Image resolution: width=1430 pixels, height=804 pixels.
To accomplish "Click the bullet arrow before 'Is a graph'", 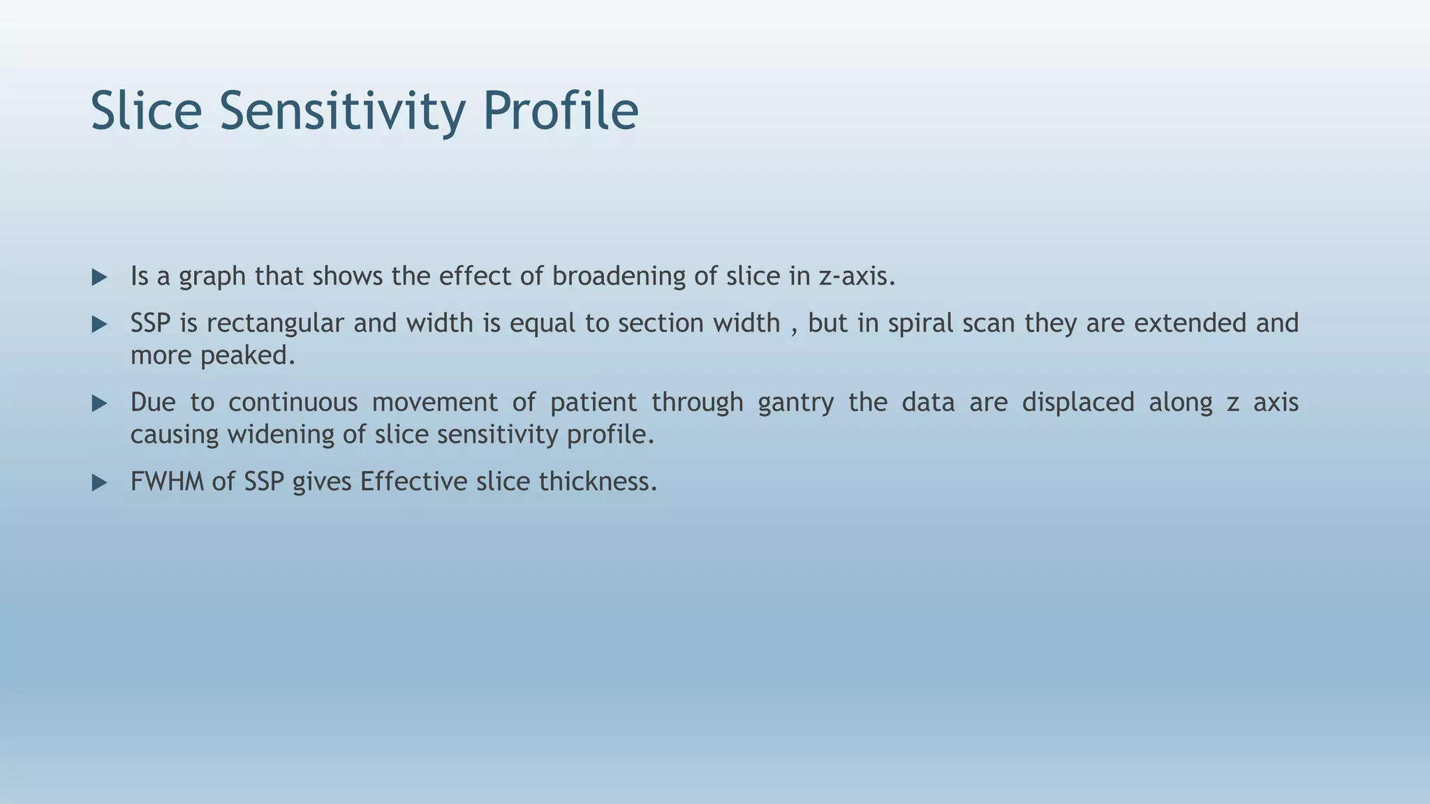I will [x=99, y=278].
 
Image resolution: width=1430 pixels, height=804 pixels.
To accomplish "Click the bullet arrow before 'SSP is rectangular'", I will [x=99, y=325].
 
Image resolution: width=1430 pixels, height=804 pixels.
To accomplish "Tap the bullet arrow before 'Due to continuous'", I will [x=99, y=403].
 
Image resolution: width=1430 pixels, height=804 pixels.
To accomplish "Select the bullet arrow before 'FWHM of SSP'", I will [x=99, y=483].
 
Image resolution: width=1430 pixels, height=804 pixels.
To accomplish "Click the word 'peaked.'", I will [x=248, y=356].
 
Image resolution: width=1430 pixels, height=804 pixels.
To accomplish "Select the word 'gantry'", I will [x=795, y=403].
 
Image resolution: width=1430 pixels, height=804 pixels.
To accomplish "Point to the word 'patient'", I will [x=593, y=403].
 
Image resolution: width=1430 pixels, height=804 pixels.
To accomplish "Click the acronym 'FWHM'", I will [x=167, y=482].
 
